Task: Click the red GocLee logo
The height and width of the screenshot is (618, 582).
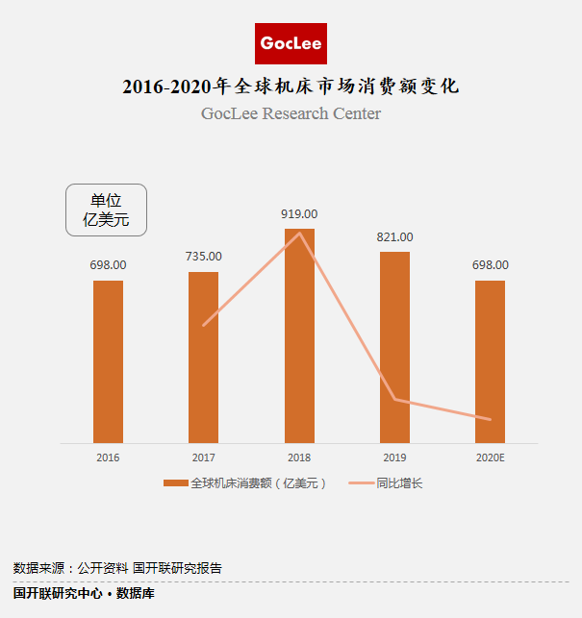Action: (291, 44)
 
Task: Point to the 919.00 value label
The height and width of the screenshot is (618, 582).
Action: (299, 214)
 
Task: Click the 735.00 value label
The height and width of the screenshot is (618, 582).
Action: (203, 257)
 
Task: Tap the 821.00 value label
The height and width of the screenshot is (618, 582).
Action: (394, 236)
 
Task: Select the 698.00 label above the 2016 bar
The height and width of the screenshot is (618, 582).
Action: (108, 264)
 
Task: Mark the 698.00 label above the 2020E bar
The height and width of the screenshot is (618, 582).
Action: (490, 264)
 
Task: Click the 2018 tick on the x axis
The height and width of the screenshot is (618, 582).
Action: (299, 457)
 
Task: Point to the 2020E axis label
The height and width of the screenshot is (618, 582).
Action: (490, 457)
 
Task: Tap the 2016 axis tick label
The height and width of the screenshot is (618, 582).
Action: (108, 457)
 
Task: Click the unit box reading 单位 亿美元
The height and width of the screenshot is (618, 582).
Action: (106, 210)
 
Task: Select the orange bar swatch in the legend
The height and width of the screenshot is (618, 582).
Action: (175, 483)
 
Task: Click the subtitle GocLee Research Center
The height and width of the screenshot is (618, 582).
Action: (291, 113)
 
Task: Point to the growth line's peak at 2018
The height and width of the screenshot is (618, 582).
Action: (300, 233)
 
